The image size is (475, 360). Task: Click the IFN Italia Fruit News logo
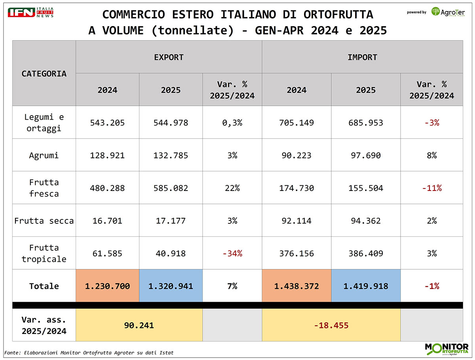30,12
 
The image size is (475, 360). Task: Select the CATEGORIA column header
44,73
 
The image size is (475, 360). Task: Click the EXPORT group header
169,57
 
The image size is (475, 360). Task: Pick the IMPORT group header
362,57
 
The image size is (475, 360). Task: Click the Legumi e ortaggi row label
44,122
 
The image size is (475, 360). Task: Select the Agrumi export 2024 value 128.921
107,155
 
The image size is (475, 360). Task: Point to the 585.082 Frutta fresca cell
171,188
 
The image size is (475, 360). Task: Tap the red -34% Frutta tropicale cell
232,253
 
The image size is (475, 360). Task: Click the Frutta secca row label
44,221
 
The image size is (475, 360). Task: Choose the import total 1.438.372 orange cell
296,286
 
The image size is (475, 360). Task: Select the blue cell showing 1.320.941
171,286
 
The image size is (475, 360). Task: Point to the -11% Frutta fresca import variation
431,188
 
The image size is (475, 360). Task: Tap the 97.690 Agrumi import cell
366,155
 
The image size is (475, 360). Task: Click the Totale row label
44,286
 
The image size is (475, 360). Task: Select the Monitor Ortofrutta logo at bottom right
446,349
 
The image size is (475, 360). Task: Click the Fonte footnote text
89,352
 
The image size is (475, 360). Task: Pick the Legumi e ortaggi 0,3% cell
232,123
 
